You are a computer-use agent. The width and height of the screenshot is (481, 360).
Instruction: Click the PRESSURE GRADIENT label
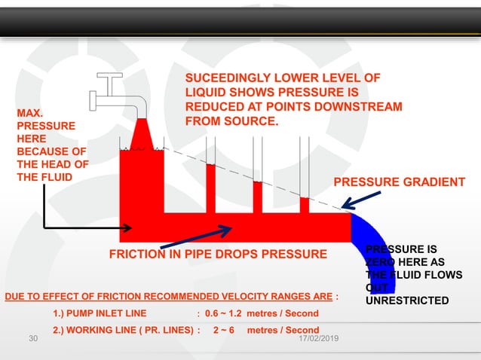[x=399, y=182]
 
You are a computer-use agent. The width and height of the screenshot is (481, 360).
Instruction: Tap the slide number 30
[x=32, y=340]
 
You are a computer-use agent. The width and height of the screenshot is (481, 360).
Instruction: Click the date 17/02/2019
[x=318, y=340]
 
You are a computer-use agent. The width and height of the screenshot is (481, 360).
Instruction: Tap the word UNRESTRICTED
[x=407, y=301]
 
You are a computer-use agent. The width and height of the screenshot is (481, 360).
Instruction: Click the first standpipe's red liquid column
[x=211, y=188]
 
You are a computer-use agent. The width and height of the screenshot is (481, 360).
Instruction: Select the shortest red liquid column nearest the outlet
[x=305, y=205]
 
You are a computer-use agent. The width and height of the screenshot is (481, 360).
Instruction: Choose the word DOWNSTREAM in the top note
[x=360, y=106]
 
